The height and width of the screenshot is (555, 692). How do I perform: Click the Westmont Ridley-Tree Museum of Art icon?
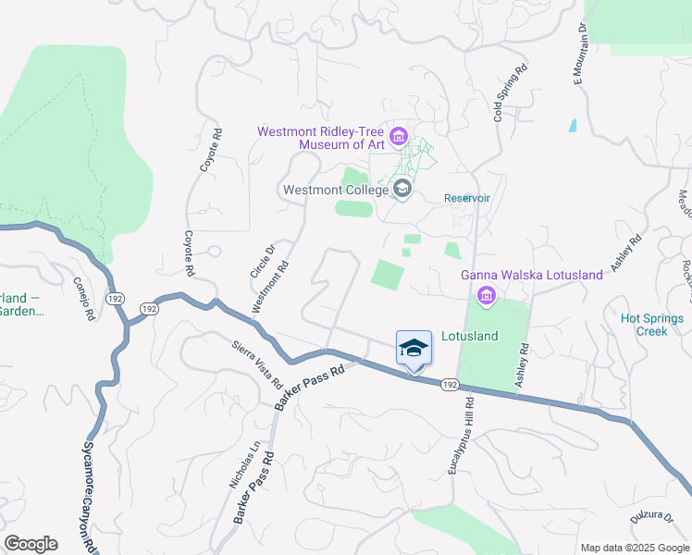[399, 138]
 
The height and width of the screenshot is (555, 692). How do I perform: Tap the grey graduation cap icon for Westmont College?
[402, 190]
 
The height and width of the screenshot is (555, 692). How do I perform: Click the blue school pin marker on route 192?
[414, 350]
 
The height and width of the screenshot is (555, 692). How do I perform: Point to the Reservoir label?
[466, 198]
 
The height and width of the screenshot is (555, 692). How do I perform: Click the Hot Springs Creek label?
[652, 325]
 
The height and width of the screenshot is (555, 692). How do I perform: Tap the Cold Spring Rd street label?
[510, 93]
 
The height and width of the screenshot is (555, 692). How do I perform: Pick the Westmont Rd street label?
[272, 287]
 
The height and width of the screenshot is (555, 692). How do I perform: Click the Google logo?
[31, 544]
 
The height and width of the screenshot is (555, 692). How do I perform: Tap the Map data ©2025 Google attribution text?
[634, 548]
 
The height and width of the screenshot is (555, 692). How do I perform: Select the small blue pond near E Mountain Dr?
[573, 125]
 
